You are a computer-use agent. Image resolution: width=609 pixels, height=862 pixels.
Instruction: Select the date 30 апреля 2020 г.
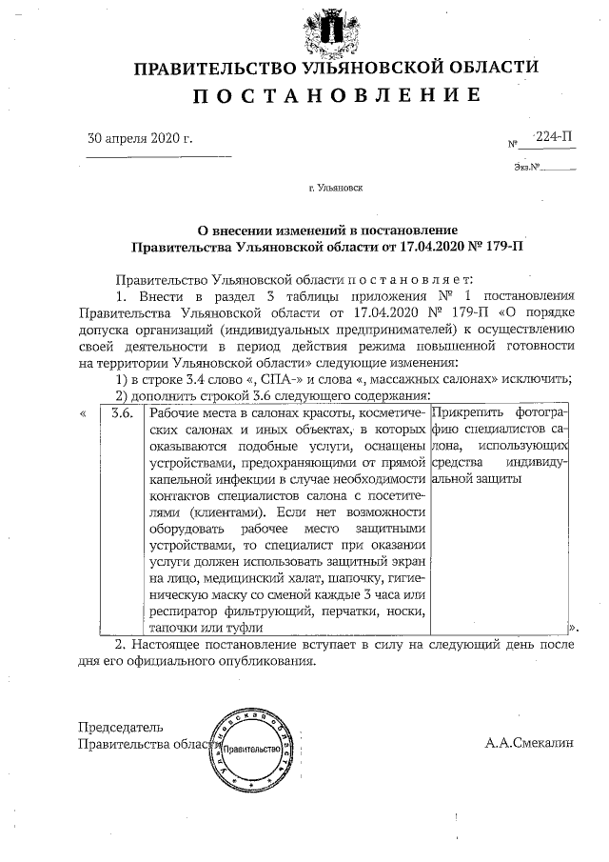[x=140, y=138]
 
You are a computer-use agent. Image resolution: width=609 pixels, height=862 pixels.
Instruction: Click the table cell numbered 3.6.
[x=121, y=413]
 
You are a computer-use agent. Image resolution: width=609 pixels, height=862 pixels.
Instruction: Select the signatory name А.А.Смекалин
[x=529, y=742]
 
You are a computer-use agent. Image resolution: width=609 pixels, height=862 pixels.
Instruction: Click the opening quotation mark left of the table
[x=84, y=413]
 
